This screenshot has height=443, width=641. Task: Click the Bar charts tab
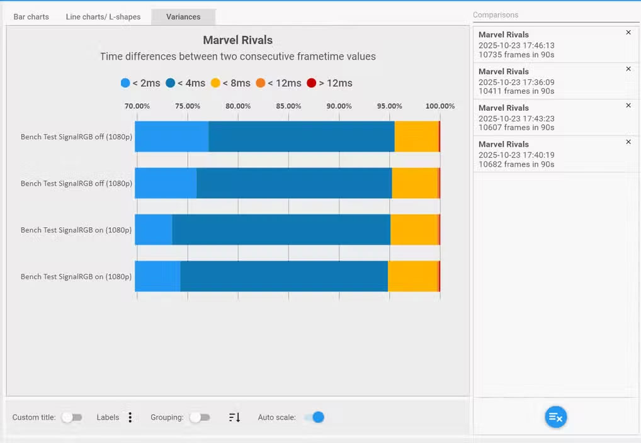coord(31,17)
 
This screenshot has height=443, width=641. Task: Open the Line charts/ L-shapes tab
coord(103,17)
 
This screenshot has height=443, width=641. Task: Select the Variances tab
coord(183,17)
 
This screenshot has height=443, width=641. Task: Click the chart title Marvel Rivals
coord(237,40)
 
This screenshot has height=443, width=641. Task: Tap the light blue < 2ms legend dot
coord(125,83)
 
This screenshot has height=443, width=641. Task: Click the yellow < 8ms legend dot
coord(215,83)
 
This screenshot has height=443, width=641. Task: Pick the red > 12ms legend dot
coord(311,83)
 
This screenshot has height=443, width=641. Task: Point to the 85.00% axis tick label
coord(288,106)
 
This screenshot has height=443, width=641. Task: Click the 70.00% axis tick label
coord(137,106)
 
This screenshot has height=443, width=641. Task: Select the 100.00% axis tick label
coord(440,106)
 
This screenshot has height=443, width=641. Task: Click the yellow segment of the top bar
coord(416,137)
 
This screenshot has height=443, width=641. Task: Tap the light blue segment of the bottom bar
coord(157,276)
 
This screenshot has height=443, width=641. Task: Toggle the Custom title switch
coord(71,417)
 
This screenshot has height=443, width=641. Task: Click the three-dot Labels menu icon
coord(130,417)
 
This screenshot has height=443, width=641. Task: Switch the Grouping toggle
coord(200,417)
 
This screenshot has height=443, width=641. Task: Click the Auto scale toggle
coord(314,417)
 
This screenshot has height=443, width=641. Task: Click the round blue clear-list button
coord(555,417)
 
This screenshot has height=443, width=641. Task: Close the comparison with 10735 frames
coord(628,33)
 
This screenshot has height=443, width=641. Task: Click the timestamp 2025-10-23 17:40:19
coord(516,155)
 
